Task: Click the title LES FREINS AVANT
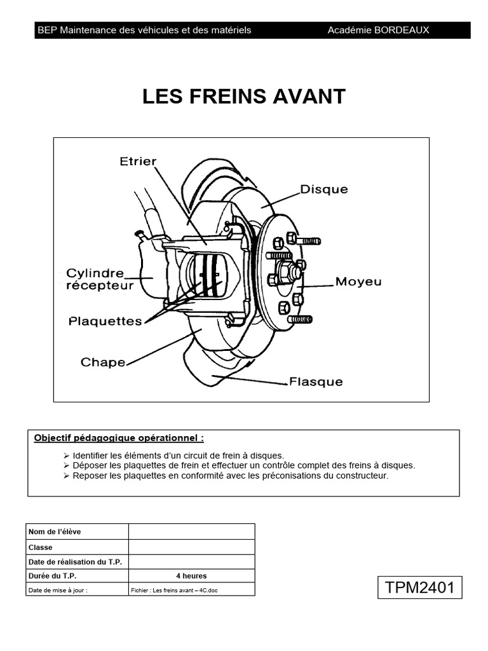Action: (x=244, y=97)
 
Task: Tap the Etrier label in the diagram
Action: (x=138, y=161)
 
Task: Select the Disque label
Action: (x=324, y=189)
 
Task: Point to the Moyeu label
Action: (x=358, y=281)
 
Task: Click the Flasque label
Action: (x=316, y=382)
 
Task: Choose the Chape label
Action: (x=103, y=362)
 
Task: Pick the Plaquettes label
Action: (x=105, y=321)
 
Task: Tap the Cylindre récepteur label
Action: (x=100, y=279)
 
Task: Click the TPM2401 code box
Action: (x=420, y=587)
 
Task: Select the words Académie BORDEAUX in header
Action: (x=378, y=30)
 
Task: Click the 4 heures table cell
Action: (x=191, y=576)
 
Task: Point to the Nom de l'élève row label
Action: (x=55, y=531)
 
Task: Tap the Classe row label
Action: (x=41, y=547)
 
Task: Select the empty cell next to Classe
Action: (x=191, y=547)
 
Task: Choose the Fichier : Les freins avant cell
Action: (x=177, y=590)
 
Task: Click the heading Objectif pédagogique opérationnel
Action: (x=119, y=438)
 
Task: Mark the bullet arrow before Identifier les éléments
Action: (x=67, y=456)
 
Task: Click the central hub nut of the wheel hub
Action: (x=294, y=272)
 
